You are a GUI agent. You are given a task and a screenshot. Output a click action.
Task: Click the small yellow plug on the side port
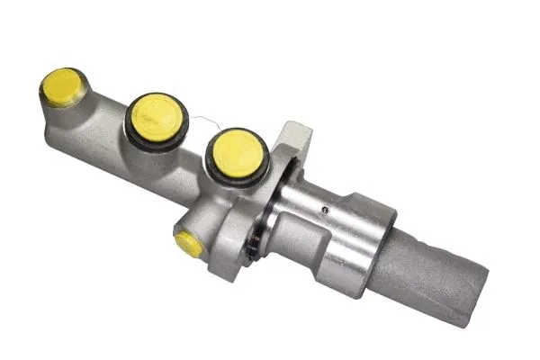188,242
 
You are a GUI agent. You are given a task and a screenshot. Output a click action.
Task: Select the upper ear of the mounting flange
294,139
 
